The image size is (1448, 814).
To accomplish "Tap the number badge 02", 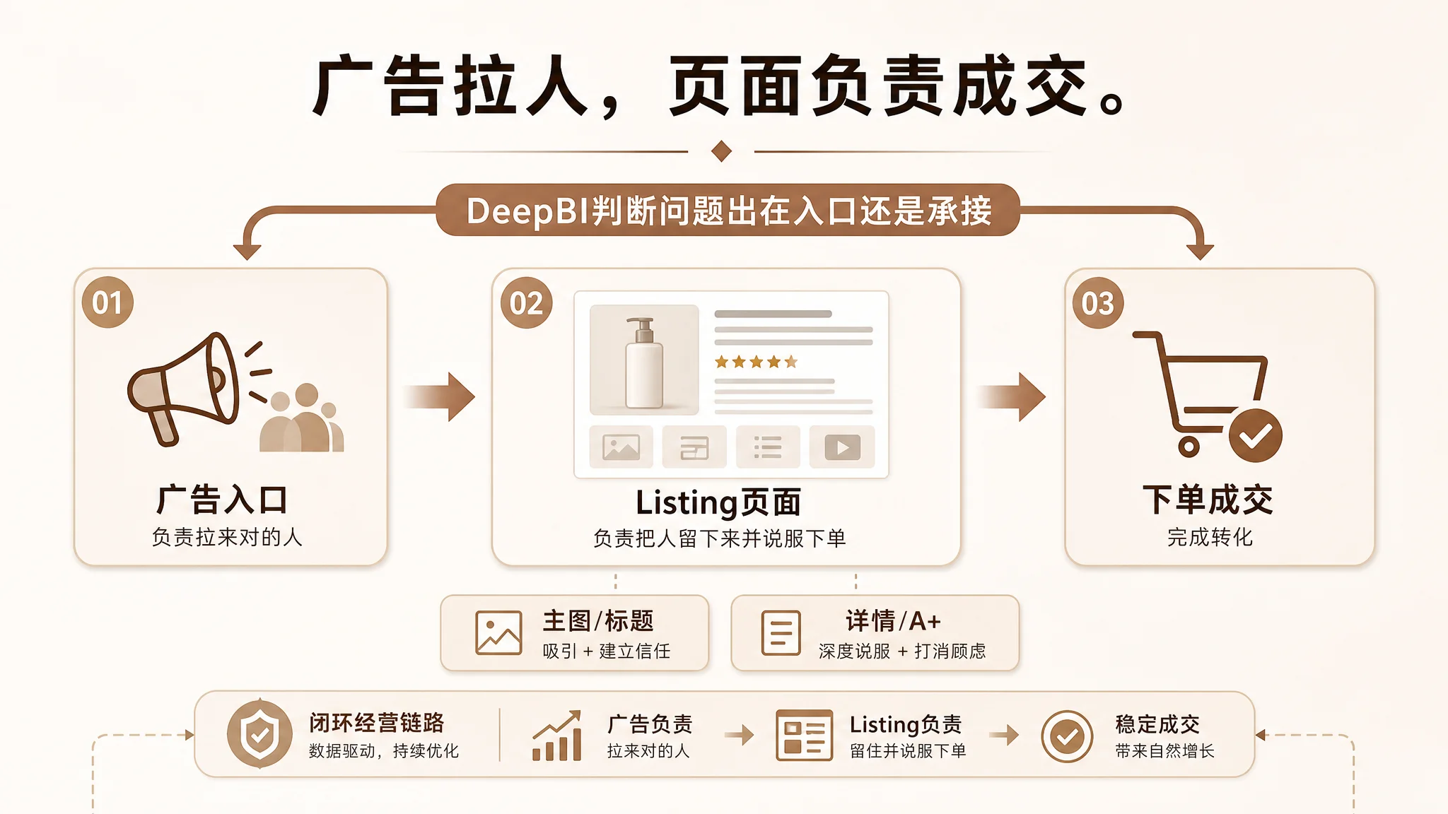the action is [x=526, y=303].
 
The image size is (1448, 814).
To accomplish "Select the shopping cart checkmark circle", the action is [x=1255, y=435].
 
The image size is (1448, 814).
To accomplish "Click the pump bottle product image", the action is [x=644, y=360].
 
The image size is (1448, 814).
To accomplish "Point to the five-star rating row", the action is [x=756, y=362].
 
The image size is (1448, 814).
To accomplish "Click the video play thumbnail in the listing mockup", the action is [x=842, y=447].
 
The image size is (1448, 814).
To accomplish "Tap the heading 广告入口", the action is [x=222, y=500].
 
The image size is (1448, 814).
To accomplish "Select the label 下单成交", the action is [x=1208, y=500].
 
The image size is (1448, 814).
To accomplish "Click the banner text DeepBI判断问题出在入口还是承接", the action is [x=729, y=211].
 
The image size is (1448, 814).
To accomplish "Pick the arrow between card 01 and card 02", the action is [x=440, y=396].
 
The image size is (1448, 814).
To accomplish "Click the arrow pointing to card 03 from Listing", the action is [x=1011, y=396].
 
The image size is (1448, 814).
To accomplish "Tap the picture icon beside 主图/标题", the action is [x=498, y=632].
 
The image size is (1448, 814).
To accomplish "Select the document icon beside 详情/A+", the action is [x=781, y=632].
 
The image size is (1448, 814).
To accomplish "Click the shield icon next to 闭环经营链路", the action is [x=259, y=734].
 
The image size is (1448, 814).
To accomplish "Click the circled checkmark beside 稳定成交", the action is [x=1067, y=736].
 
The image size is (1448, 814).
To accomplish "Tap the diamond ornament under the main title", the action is [x=721, y=151].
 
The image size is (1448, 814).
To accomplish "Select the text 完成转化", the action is [x=1210, y=537].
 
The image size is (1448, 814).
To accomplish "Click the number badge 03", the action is [x=1097, y=303].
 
